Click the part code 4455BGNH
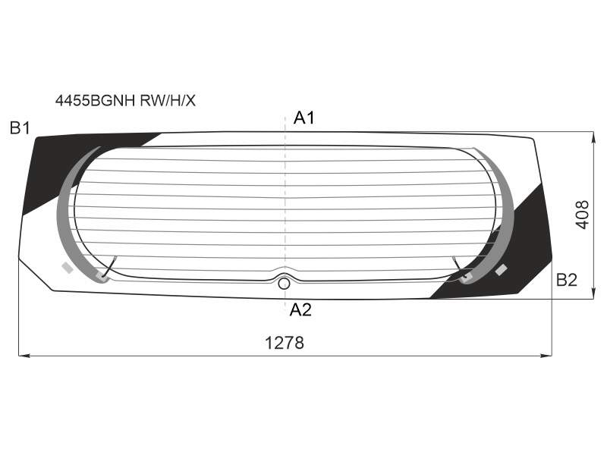(95, 101)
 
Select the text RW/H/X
(168, 101)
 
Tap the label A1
(304, 118)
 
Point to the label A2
(300, 310)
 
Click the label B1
(20, 127)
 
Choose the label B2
(566, 280)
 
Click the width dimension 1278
(284, 343)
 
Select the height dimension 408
(582, 215)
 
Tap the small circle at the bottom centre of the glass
(284, 284)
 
